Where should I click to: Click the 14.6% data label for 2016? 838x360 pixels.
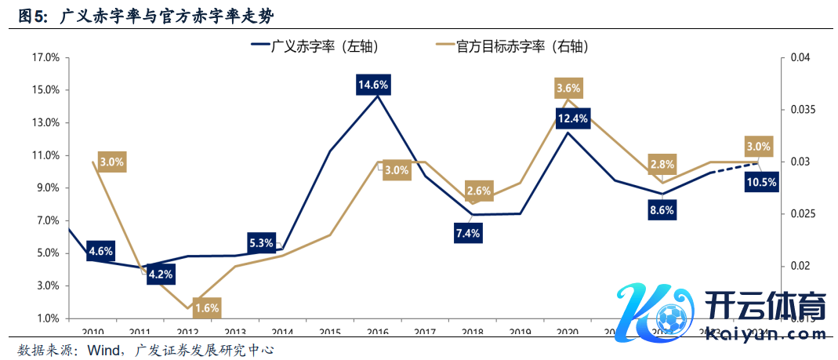[374, 84]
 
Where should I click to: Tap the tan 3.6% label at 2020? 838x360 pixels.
[568, 88]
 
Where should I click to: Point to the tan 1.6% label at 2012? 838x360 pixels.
[206, 307]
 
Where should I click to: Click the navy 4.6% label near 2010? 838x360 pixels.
[101, 252]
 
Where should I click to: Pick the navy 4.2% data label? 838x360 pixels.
[161, 275]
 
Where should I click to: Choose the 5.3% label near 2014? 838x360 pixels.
[261, 242]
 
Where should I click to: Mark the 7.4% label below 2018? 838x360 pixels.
[469, 233]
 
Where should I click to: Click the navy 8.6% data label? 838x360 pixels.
[662, 211]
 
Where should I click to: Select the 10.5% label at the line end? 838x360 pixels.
[762, 182]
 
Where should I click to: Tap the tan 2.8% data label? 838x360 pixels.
[662, 165]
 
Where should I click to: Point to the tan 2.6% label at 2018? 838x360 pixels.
[479, 191]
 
